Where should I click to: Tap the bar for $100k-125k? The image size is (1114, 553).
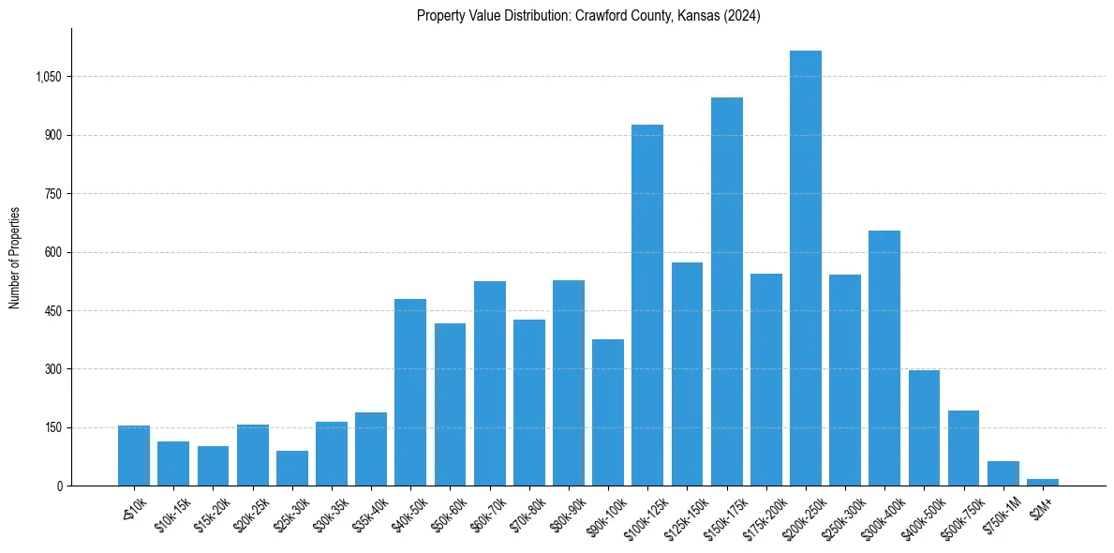[x=647, y=306]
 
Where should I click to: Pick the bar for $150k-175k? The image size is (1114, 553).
[x=726, y=291]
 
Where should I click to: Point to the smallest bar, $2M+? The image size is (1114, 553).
[x=1043, y=482]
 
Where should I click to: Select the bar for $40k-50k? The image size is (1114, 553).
[x=410, y=393]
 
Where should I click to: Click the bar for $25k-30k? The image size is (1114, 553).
[x=291, y=469]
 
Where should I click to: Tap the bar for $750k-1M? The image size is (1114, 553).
[x=1003, y=473]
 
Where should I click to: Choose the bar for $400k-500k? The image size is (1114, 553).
[x=924, y=428]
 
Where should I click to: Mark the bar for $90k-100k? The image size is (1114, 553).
[x=608, y=412]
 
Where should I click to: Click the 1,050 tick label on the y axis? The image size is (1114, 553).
[x=48, y=77]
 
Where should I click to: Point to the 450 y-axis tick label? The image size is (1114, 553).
[x=52, y=311]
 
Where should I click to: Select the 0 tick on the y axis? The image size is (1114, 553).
[x=59, y=486]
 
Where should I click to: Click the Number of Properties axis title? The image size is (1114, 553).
[x=15, y=258]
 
